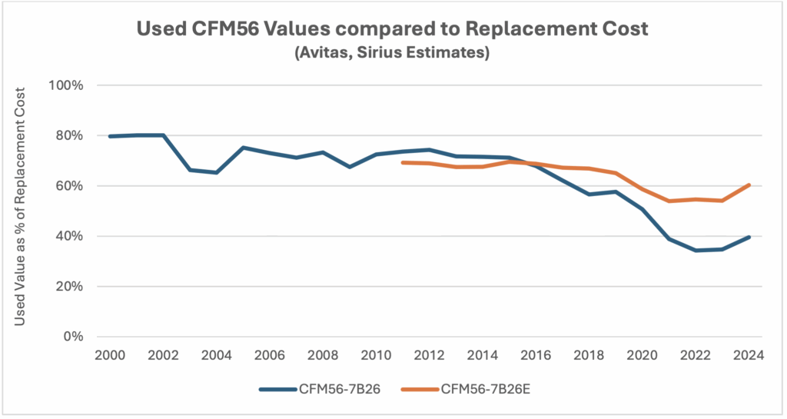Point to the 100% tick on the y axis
[66, 85]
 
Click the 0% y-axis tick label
[72, 337]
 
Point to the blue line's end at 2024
[749, 237]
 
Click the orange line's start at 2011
[403, 162]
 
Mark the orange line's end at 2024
[749, 185]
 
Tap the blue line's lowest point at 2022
[696, 250]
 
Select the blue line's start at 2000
[110, 136]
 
